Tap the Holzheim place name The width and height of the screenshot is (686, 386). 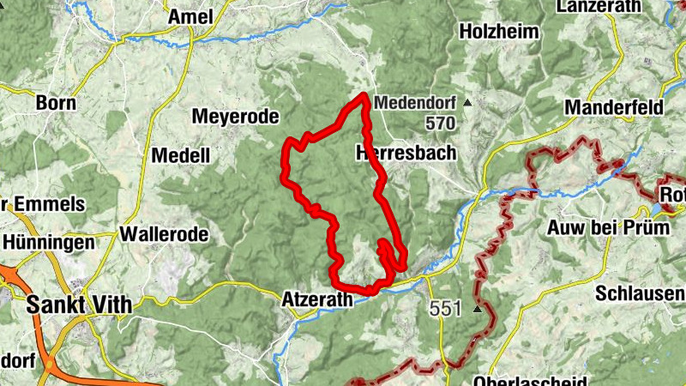pos(499,32)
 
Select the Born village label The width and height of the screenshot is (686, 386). pos(56,103)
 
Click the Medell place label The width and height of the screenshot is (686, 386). pos(180,155)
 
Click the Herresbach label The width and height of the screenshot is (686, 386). pos(406,153)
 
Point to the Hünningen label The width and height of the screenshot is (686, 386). pos(48,243)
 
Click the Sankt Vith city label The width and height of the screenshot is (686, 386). pos(80,304)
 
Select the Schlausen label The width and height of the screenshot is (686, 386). pos(640,294)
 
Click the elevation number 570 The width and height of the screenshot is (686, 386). pos(439,124)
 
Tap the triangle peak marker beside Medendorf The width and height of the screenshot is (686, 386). pos(467,102)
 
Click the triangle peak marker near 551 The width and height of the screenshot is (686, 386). pos(477,308)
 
